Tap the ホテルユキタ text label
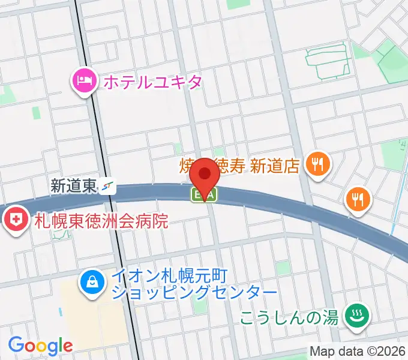click(152, 82)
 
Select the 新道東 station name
click(74, 187)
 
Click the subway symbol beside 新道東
click(108, 187)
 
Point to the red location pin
click(206, 175)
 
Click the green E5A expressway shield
click(204, 194)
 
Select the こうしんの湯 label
click(289, 316)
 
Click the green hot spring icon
click(356, 316)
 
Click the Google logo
click(40, 346)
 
